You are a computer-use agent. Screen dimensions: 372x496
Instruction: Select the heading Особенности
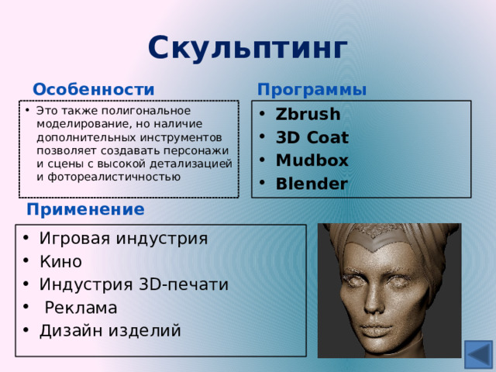[93, 90]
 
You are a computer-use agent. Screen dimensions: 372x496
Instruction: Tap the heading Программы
[312, 90]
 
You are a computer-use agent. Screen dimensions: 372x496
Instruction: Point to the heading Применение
[85, 209]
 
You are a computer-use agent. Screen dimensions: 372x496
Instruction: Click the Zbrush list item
[308, 115]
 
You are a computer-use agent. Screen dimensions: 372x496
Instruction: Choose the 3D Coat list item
[312, 138]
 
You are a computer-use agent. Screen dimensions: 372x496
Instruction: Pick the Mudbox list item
[312, 161]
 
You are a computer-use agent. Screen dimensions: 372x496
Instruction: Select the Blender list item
[312, 184]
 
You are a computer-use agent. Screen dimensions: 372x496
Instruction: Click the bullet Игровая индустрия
[123, 238]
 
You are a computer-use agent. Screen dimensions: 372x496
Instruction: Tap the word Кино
[60, 261]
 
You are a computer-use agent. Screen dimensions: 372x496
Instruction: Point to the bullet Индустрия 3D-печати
[133, 284]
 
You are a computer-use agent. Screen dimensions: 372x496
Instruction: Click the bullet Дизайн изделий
[110, 331]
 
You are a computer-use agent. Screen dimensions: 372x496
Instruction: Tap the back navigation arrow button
[477, 355]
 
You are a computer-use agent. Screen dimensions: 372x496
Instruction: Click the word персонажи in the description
[201, 150]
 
